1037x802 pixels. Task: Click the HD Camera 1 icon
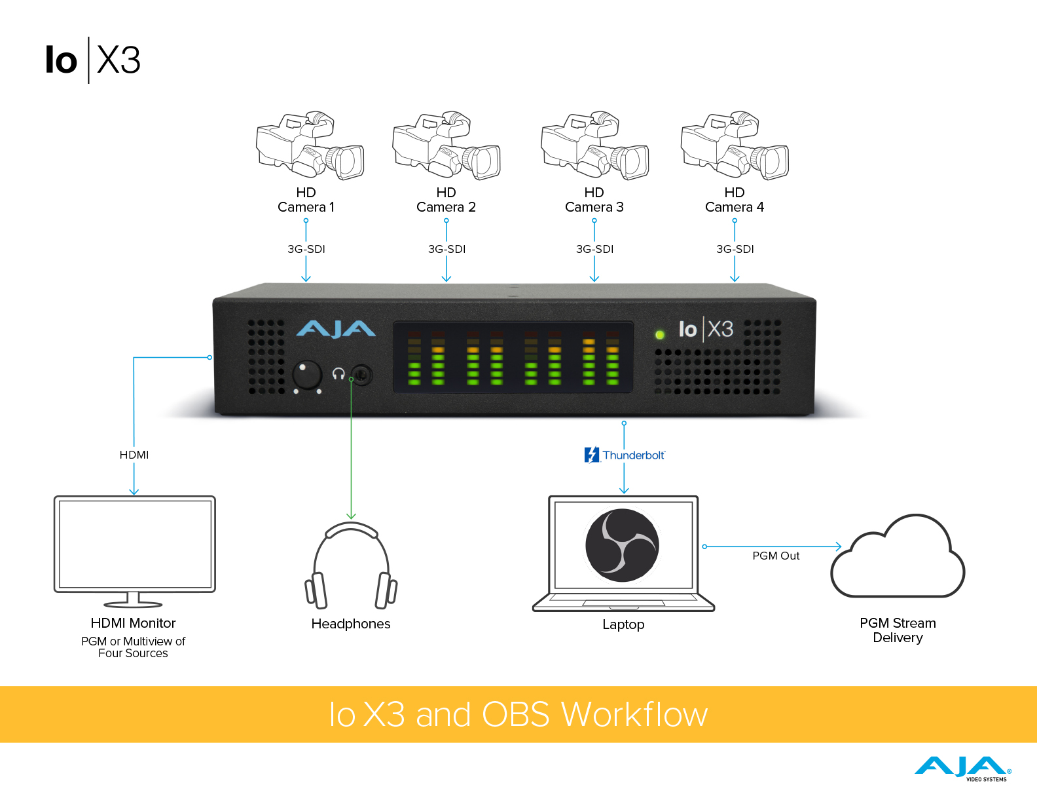[310, 145]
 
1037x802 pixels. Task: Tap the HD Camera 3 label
[594, 200]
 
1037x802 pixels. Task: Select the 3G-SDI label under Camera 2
[446, 249]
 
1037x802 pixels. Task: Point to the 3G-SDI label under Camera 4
[735, 249]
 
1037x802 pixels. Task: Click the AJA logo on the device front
[336, 329]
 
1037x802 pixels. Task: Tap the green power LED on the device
[660, 335]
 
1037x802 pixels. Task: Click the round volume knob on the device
[306, 375]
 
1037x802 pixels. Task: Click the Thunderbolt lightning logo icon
[592, 455]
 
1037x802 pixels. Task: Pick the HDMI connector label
[134, 455]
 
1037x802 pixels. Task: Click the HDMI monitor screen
[135, 544]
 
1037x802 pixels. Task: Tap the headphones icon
[351, 565]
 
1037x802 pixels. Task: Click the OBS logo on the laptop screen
[622, 545]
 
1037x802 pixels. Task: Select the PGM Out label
[776, 556]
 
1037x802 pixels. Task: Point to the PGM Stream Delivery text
[898, 630]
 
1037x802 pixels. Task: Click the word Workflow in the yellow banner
[634, 714]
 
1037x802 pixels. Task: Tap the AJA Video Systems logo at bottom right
[963, 768]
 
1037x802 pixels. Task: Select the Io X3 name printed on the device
[706, 329]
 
